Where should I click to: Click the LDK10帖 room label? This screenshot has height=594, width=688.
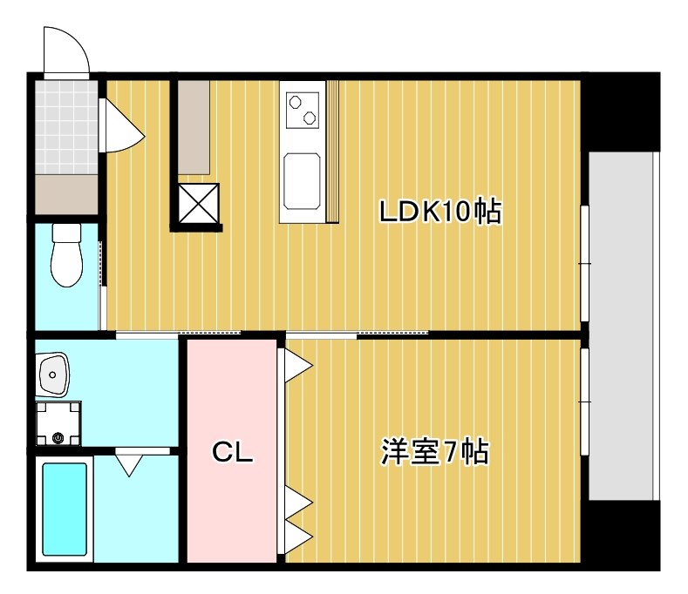click(439, 212)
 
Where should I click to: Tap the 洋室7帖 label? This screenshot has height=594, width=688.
click(434, 451)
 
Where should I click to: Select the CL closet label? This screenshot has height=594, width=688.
click(232, 452)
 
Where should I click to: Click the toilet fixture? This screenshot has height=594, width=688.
click(66, 254)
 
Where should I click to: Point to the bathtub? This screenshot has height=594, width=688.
click(65, 509)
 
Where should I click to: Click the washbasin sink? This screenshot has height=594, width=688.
click(53, 375)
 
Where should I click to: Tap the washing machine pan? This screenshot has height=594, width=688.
click(58, 423)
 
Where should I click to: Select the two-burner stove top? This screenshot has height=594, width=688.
click(303, 110)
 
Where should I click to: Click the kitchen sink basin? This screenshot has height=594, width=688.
click(302, 181)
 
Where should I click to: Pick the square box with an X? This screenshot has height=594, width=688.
click(199, 204)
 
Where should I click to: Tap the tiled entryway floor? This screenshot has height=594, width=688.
click(66, 127)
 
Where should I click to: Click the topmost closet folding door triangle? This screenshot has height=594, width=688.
click(298, 365)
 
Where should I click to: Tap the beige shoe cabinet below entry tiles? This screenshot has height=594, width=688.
click(66, 194)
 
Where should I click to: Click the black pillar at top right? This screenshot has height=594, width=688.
click(621, 111)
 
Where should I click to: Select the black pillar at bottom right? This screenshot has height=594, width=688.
click(621, 536)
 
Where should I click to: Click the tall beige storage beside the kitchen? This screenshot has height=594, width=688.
click(194, 127)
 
